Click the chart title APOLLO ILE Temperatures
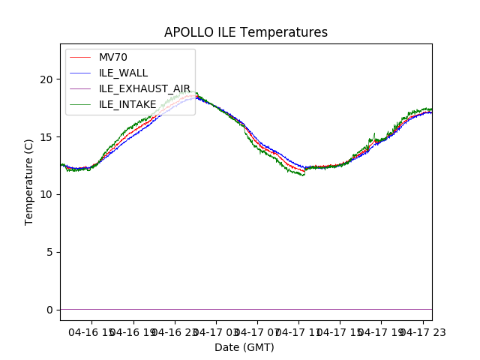click(x=246, y=32)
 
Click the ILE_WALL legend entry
click(x=123, y=73)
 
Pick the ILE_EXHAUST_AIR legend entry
click(x=144, y=88)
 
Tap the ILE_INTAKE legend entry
click(x=127, y=104)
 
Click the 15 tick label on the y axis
click(x=47, y=137)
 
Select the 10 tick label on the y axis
click(x=47, y=194)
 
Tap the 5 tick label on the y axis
click(x=50, y=252)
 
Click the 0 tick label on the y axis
click(x=50, y=310)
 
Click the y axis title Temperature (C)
click(x=29, y=181)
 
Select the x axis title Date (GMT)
click(x=244, y=347)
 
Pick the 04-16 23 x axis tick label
click(x=174, y=331)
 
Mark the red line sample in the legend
click(x=81, y=58)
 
